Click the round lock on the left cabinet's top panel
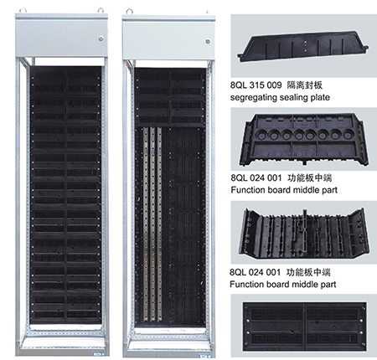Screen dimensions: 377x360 click(101, 39)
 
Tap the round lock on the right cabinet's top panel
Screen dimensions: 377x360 click(208, 41)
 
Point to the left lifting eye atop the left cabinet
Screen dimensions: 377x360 click(23, 11)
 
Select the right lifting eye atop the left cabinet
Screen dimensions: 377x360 click(101, 11)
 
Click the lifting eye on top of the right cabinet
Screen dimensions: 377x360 click(129, 12)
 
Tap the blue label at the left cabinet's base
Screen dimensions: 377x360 click(98, 353)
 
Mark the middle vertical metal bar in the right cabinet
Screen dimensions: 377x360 click(152, 224)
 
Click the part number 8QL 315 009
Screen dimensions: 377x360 click(256, 85)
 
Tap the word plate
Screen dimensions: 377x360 click(318, 98)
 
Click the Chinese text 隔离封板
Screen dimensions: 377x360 click(305, 85)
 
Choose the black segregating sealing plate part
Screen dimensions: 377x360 click(303, 47)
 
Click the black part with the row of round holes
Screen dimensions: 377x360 click(303, 139)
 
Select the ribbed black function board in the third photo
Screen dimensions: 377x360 click(304, 234)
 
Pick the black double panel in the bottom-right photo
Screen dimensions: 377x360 click(304, 327)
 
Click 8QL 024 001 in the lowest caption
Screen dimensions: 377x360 click(255, 272)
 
